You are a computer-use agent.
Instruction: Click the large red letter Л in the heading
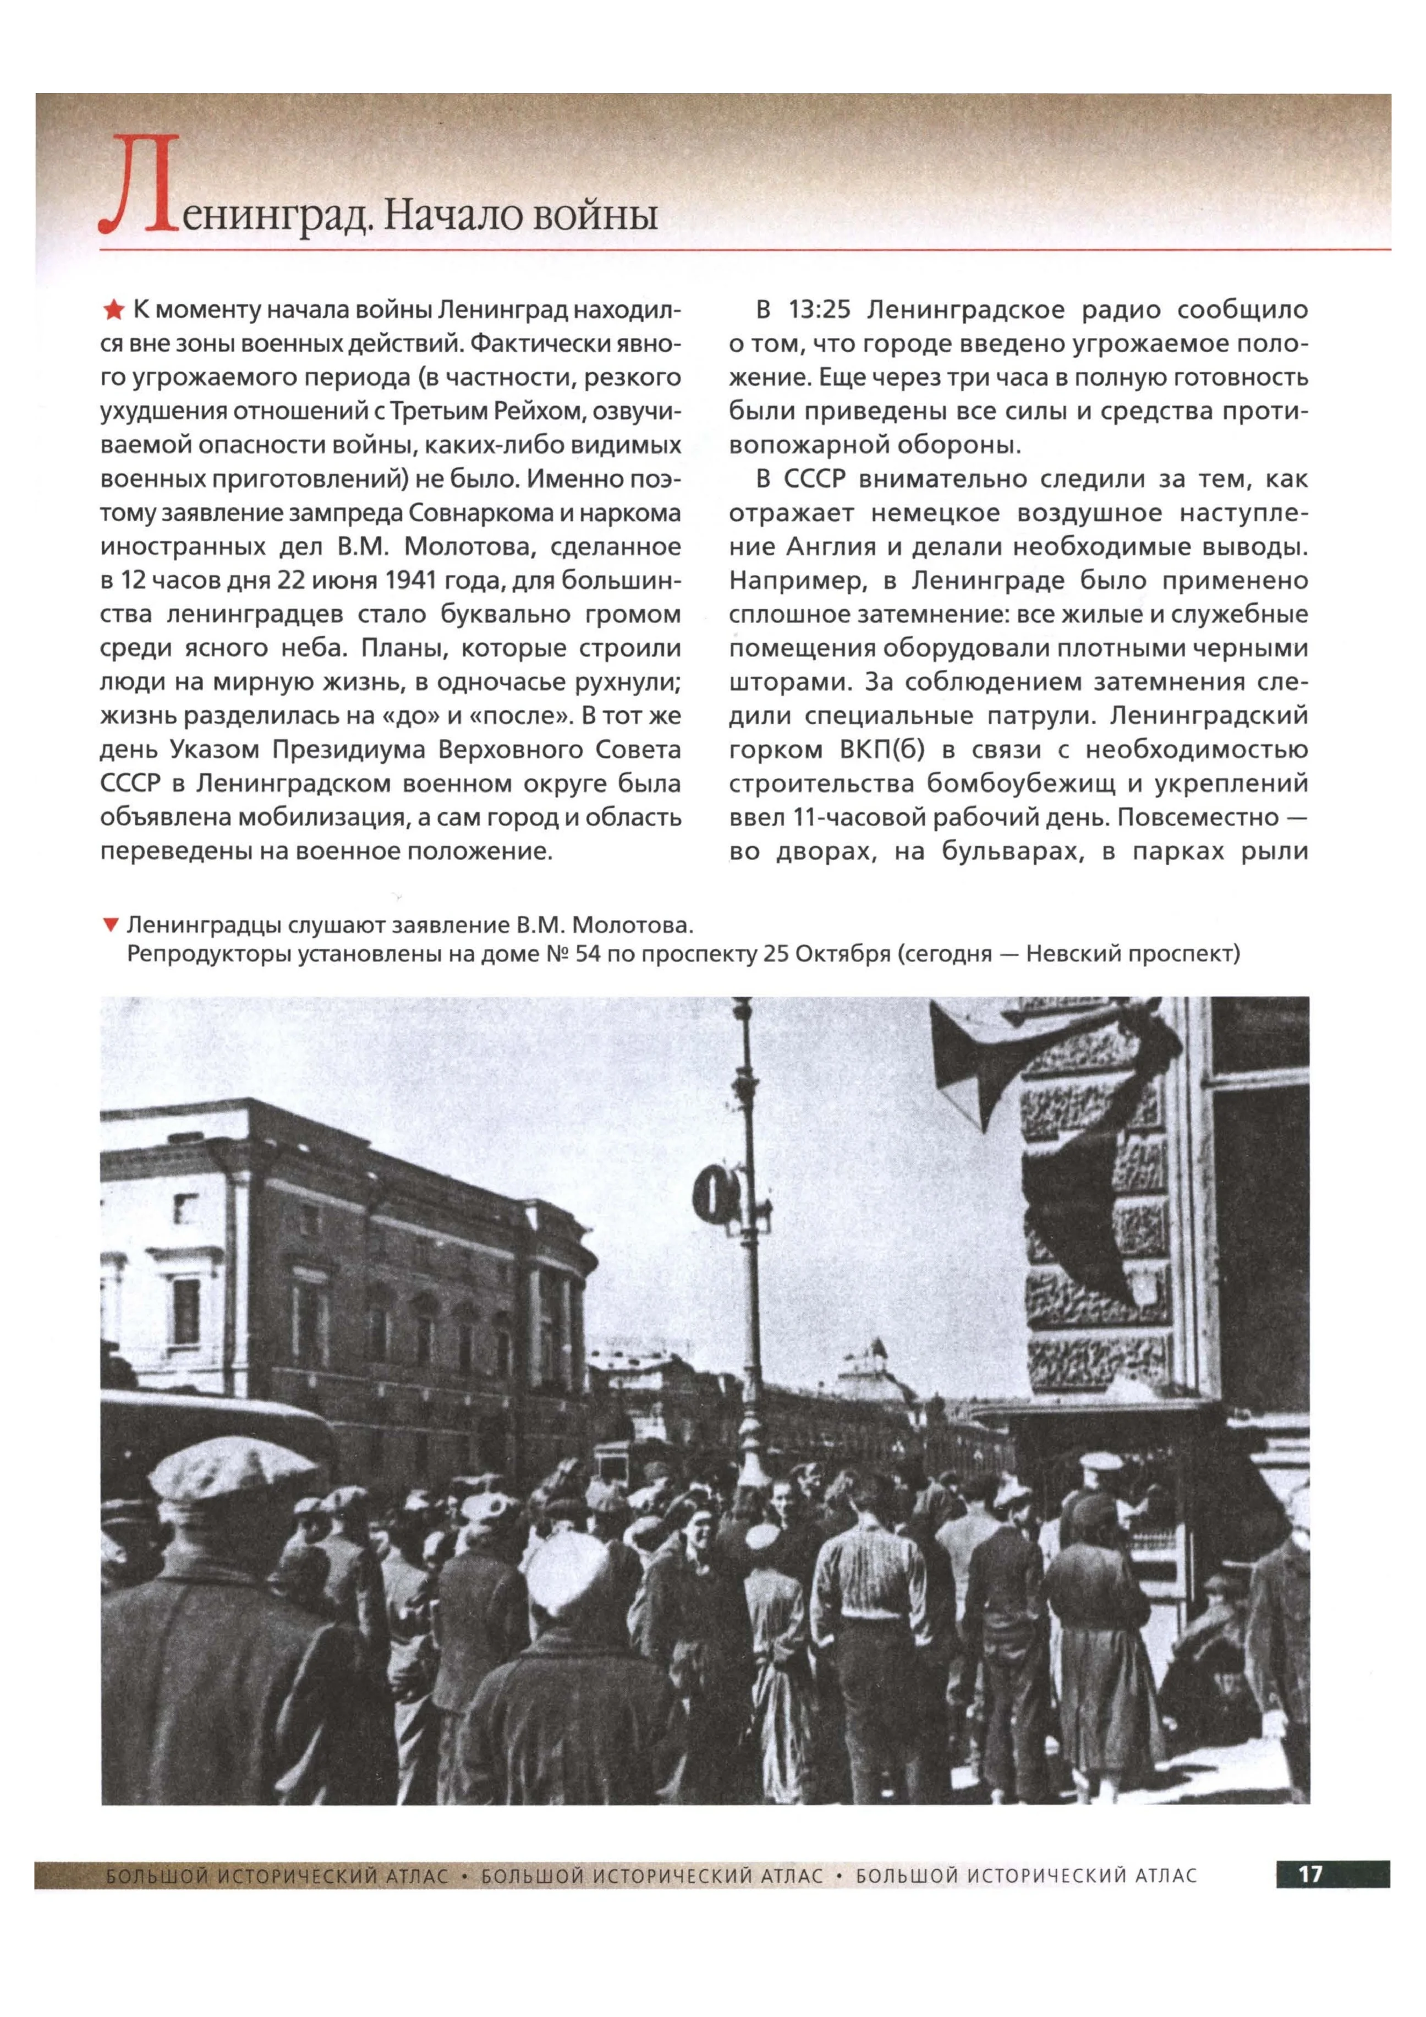tap(140, 186)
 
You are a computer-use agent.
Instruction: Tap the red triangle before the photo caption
tap(111, 925)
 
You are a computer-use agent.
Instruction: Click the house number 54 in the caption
tap(588, 953)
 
